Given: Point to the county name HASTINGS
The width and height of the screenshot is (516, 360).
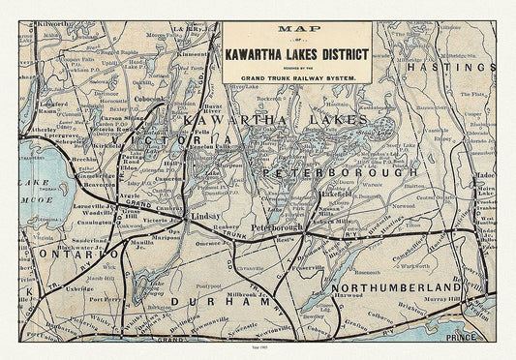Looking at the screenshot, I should (457, 69).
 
